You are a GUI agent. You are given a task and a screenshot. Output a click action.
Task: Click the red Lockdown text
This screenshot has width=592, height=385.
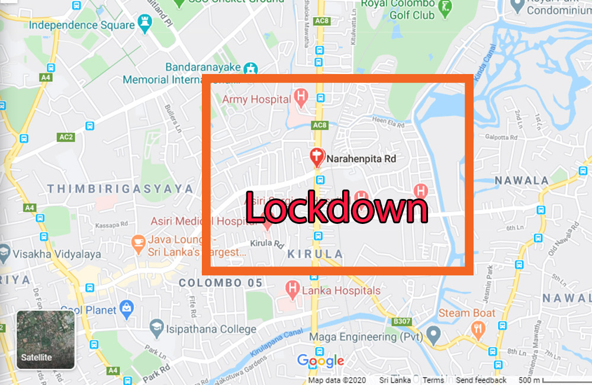pyautogui.click(x=336, y=208)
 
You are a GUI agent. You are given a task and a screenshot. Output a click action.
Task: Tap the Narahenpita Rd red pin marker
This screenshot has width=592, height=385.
pyautogui.click(x=317, y=157)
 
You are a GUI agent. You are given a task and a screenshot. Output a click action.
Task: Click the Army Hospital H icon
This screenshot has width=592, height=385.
pyautogui.click(x=301, y=97)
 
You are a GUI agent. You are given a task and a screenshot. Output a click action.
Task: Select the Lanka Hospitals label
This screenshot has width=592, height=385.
pyautogui.click(x=341, y=291)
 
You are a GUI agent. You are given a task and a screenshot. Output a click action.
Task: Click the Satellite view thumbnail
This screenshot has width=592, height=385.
pyautogui.click(x=46, y=339)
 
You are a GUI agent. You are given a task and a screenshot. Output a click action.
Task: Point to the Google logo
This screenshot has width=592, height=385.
pyautogui.click(x=320, y=361)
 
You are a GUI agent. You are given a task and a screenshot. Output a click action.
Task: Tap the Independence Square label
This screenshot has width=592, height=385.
pyautogui.click(x=82, y=25)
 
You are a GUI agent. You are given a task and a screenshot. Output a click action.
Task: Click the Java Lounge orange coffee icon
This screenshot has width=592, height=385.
pyautogui.click(x=138, y=242)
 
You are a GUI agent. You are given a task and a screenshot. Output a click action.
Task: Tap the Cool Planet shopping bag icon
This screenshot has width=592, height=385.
pyautogui.click(x=126, y=307)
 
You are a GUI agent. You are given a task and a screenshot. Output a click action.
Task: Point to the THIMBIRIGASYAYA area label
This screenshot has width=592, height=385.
pyautogui.click(x=120, y=189)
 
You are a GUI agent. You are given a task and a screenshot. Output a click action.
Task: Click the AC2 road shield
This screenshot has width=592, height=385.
pyautogui.click(x=66, y=137)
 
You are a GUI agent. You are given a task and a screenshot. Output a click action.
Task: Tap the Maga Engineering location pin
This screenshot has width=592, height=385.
pyautogui.click(x=433, y=335)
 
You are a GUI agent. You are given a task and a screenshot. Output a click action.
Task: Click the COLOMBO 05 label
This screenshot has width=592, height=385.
pyautogui.click(x=220, y=283)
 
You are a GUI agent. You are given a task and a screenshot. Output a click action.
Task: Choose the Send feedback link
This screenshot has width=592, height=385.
pyautogui.click(x=481, y=380)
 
